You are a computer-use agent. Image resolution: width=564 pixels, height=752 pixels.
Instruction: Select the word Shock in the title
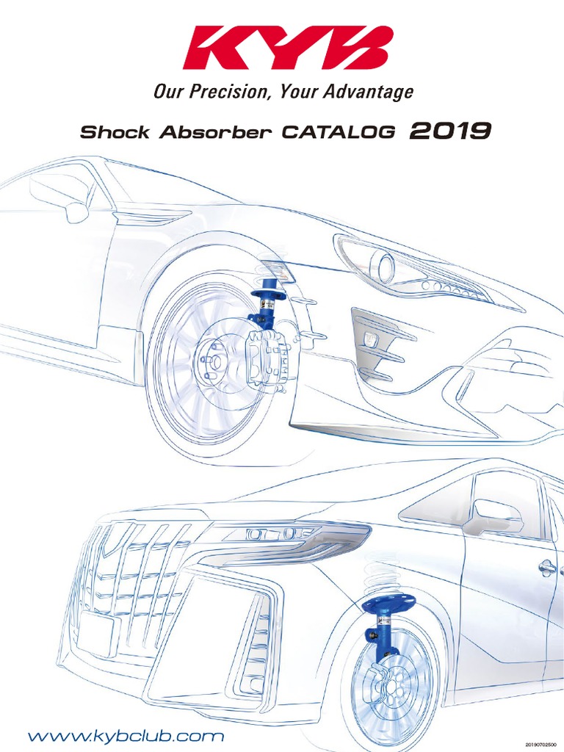[x=114, y=133]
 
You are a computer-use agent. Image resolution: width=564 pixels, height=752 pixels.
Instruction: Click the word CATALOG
[x=339, y=133]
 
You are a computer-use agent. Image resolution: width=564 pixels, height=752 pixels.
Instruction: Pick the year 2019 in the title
[x=450, y=131]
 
